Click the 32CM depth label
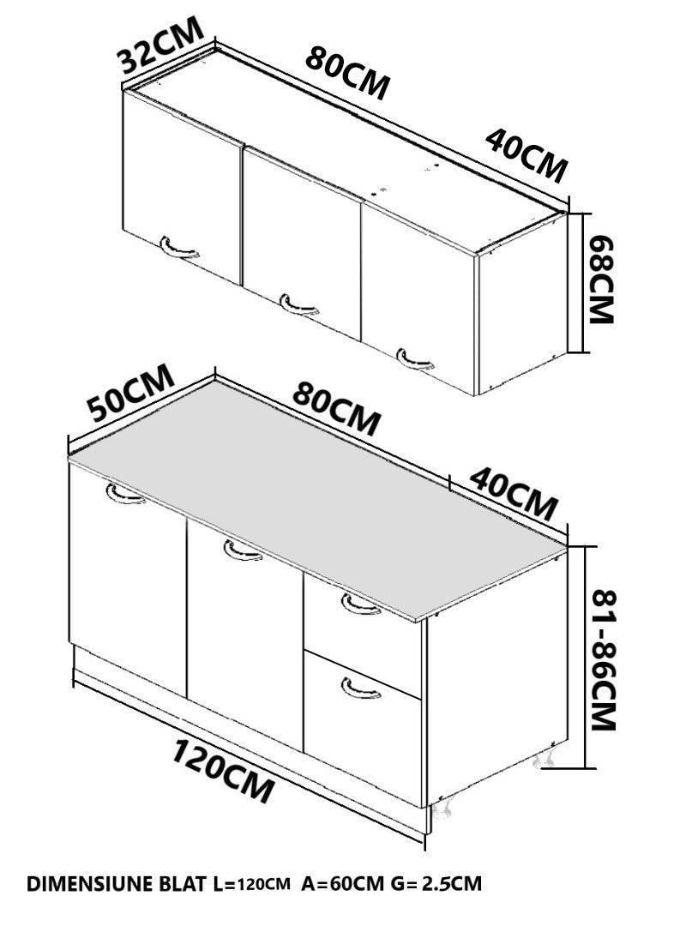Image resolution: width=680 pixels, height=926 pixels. pyautogui.click(x=160, y=45)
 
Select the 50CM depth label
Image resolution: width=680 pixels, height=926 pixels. pyautogui.click(x=130, y=392)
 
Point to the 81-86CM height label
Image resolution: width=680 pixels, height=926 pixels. pyautogui.click(x=603, y=659)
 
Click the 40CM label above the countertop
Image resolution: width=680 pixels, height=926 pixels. pyautogui.click(x=514, y=493)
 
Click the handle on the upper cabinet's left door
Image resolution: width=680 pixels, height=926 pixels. pyautogui.click(x=178, y=249)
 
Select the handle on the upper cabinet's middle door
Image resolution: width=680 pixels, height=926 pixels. pyautogui.click(x=298, y=304)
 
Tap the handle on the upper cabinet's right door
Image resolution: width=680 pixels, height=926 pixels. pyautogui.click(x=415, y=359)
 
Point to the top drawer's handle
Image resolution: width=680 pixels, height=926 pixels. pyautogui.click(x=360, y=606)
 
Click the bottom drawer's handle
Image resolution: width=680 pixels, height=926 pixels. pyautogui.click(x=360, y=689)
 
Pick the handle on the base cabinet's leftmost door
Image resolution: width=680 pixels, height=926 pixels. pyautogui.click(x=125, y=495)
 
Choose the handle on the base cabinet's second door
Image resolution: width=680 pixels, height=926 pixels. pyautogui.click(x=243, y=551)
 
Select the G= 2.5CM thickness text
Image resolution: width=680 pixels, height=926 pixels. pyautogui.click(x=436, y=883)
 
